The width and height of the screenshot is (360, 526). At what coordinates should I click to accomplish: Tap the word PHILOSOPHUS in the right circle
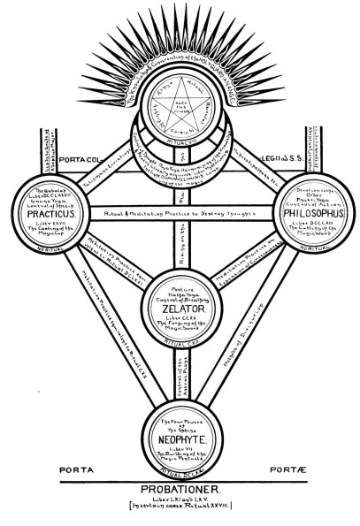coord(307,214)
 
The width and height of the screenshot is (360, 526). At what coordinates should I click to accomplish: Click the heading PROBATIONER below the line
coord(181,489)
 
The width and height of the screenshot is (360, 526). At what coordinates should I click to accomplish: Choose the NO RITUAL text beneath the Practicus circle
coord(56,255)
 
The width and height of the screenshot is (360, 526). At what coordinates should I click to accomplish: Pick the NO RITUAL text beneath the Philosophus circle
coord(306,255)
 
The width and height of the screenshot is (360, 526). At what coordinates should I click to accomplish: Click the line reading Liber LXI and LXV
coord(180,499)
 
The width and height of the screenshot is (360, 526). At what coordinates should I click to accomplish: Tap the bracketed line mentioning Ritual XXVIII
coord(180,509)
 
